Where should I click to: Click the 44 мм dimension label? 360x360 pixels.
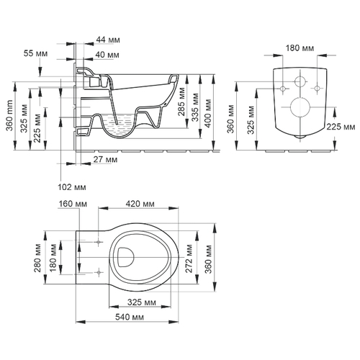pyautogui.click(x=108, y=40)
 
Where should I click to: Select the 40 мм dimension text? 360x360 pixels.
pyautogui.click(x=107, y=55)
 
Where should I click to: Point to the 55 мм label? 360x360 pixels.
pyautogui.click(x=35, y=53)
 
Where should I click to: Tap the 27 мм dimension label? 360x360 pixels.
pyautogui.click(x=105, y=159)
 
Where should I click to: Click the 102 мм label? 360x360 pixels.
pyautogui.click(x=72, y=187)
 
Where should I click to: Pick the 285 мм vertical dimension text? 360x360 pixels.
pyautogui.click(x=181, y=102)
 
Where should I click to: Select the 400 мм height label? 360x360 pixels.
pyautogui.click(x=207, y=113)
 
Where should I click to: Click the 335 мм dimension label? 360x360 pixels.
pyautogui.click(x=195, y=107)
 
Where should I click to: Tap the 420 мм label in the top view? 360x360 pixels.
pyautogui.click(x=140, y=204)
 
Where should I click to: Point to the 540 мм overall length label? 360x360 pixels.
pyautogui.click(x=130, y=317)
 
